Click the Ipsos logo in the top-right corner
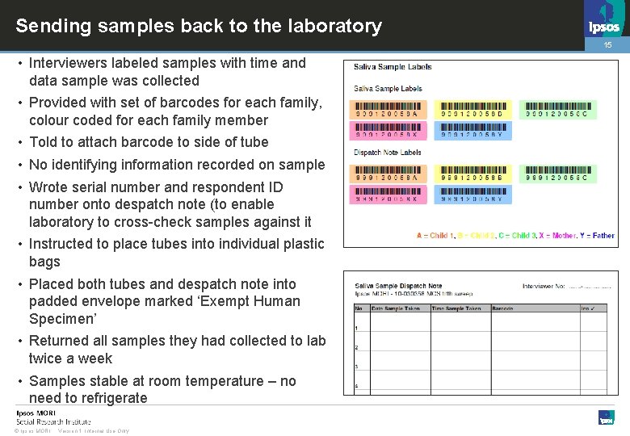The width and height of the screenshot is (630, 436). pos(605,25)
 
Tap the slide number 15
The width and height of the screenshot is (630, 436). pos(608,46)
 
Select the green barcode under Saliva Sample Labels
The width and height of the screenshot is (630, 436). pos(557,110)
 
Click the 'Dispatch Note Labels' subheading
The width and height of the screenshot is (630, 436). pos(388,153)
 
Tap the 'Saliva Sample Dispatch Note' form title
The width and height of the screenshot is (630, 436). pos(398,286)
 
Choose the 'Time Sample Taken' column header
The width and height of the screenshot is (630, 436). pos(456,308)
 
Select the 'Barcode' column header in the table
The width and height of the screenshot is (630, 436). pos(502,308)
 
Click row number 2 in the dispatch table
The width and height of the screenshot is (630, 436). pos(357,347)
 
